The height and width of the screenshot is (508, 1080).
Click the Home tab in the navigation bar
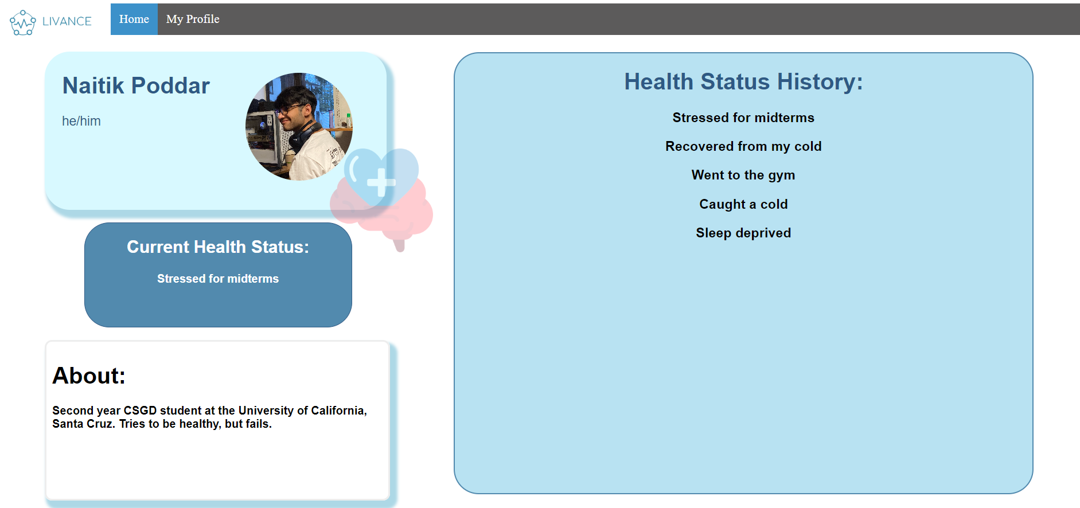pos(134,19)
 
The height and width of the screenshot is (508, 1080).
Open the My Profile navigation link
pos(193,19)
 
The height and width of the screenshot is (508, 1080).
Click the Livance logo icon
pos(23,22)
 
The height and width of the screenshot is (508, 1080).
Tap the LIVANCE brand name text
pos(67,21)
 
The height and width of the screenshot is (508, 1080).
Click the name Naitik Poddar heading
pos(136,85)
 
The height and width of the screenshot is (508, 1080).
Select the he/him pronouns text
pos(81,121)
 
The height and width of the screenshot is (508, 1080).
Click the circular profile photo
pos(299,127)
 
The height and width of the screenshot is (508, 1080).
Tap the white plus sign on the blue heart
pos(381,183)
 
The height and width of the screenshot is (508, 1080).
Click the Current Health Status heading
pos(218,247)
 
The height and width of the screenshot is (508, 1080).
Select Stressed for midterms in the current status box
pos(218,279)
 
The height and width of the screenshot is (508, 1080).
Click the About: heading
pos(89,376)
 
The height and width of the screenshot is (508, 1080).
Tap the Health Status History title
pos(743,81)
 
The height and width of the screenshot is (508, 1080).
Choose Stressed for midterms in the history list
pos(743,118)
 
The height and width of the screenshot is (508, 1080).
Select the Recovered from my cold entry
pos(743,146)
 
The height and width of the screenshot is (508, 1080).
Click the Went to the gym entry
pos(743,175)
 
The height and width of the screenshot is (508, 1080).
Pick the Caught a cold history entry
pos(743,204)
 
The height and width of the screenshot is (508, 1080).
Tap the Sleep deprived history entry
pos(743,233)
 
